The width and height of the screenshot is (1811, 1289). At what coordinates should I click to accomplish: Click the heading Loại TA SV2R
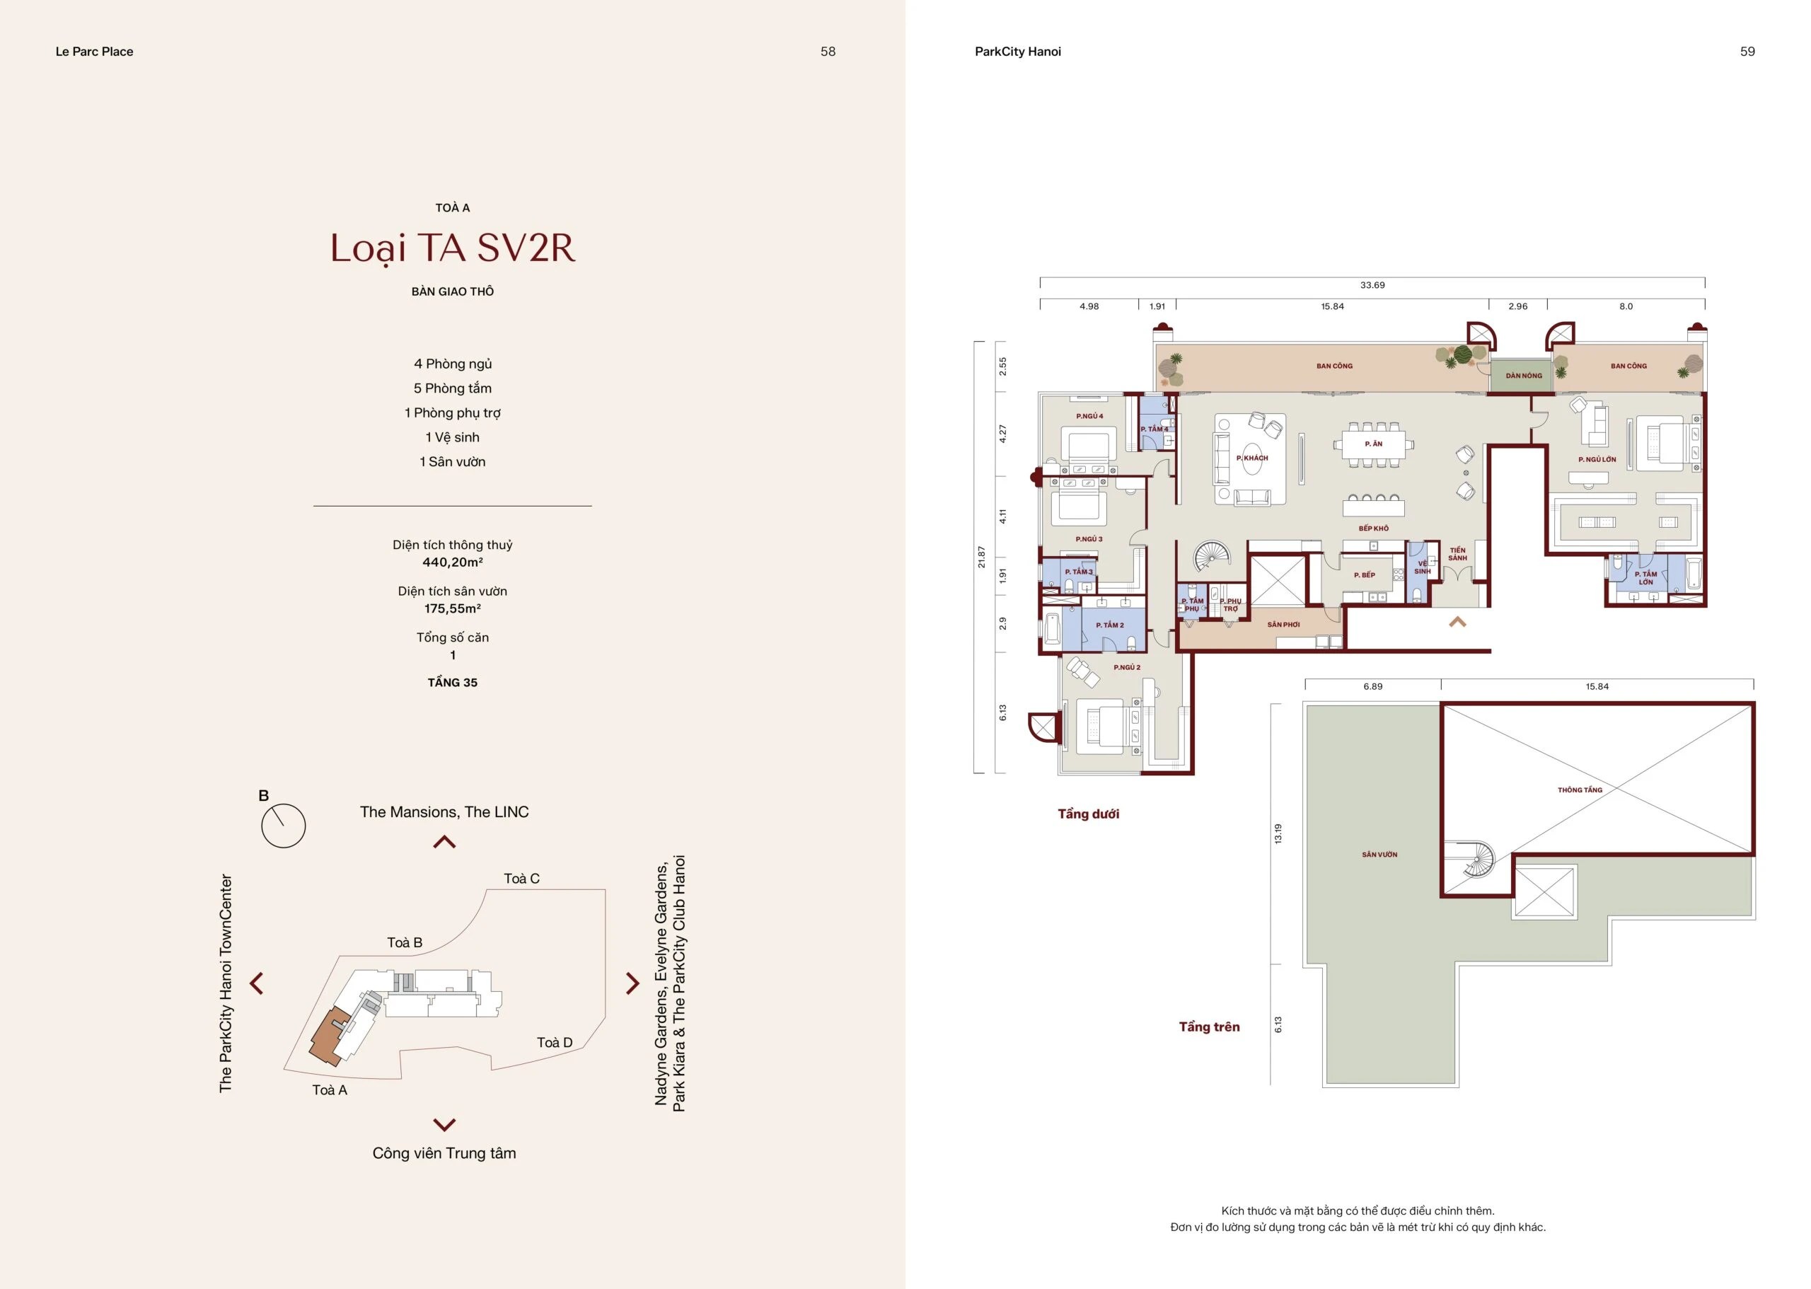pos(452,249)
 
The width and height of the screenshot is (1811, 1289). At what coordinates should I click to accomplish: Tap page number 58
pos(828,52)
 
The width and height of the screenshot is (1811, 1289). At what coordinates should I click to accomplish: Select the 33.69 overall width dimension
pos(1372,285)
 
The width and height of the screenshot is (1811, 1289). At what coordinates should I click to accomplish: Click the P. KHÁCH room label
pos(1252,458)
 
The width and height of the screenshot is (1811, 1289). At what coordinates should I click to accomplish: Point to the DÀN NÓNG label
pos(1524,376)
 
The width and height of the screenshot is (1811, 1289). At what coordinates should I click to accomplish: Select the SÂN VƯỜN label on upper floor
pos(1379,855)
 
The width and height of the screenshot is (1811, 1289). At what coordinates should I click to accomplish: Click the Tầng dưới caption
pos(1088,814)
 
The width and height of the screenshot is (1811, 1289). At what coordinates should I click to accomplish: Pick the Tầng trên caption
pos(1209,1027)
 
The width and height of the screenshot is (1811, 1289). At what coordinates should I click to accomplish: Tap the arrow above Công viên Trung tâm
pos(444,1125)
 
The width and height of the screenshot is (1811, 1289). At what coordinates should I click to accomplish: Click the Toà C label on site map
pos(521,879)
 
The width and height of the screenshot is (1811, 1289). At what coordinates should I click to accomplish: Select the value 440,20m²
pos(452,562)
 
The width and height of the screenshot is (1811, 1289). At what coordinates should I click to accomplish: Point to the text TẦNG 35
pos(452,683)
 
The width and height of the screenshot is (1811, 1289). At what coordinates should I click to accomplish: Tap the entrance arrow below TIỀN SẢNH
pos(1457,623)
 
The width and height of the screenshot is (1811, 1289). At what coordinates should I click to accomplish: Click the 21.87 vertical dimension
pos(982,557)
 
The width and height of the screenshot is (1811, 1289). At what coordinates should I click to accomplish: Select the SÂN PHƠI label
pos(1283,625)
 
